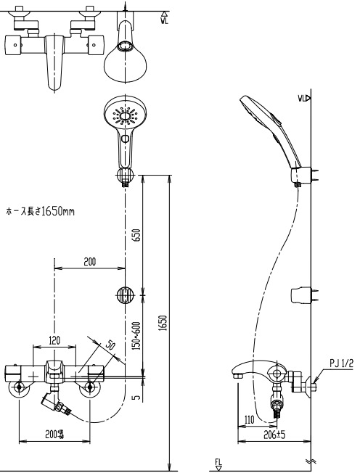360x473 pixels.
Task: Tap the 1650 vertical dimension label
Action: (164, 322)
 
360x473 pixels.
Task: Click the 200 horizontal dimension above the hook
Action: (89, 261)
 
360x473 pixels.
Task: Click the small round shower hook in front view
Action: (124, 295)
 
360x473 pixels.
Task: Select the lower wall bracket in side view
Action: (300, 295)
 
